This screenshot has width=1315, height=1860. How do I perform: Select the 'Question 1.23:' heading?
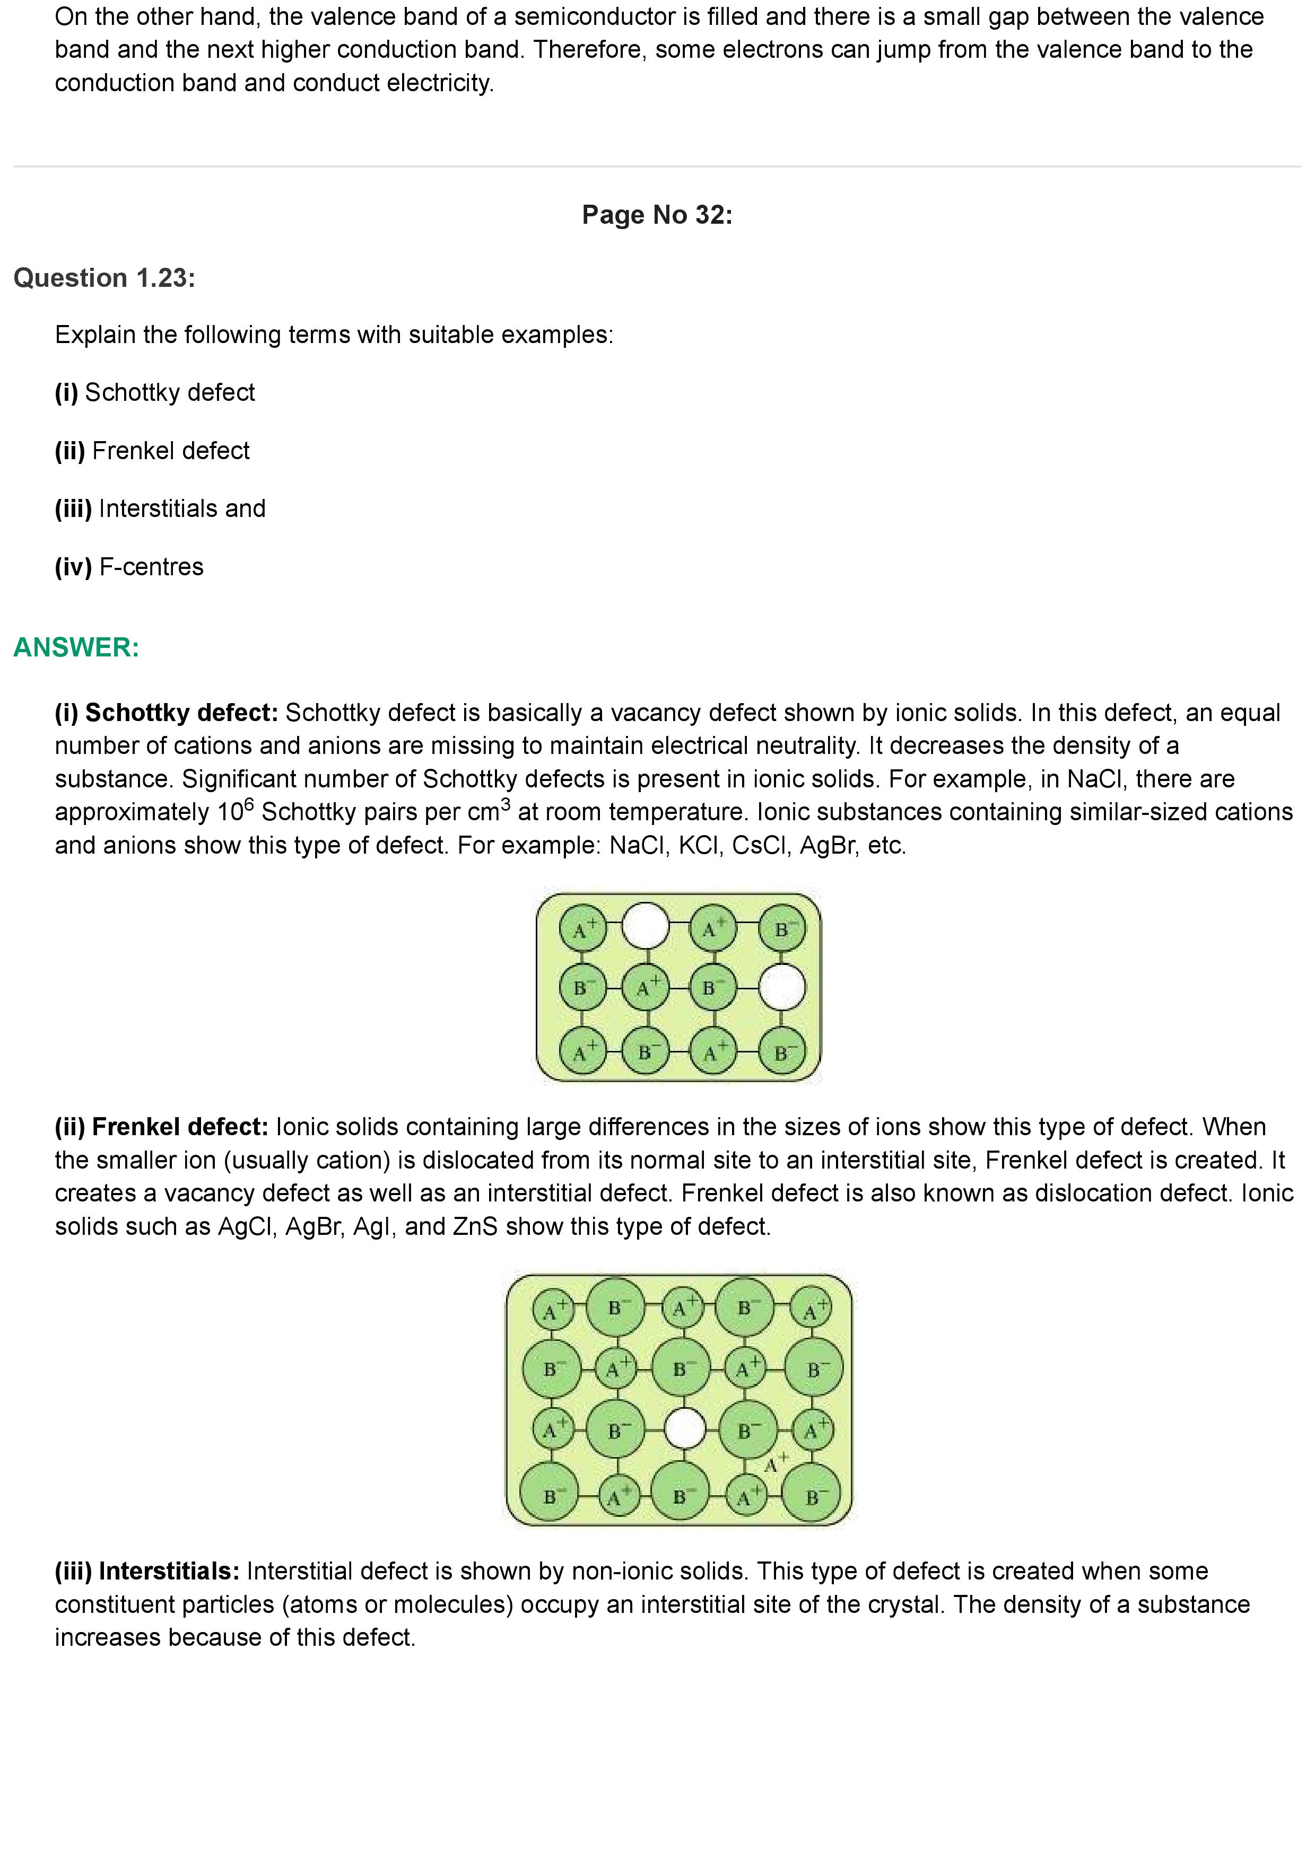104,278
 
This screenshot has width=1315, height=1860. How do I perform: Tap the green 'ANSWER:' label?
76,647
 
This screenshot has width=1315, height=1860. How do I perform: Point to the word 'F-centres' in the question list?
152,567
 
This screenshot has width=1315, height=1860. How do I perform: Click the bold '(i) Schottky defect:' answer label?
166,713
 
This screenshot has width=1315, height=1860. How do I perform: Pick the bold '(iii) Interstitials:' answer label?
146,1572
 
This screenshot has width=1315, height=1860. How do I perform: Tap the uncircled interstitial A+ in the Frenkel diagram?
774,1463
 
